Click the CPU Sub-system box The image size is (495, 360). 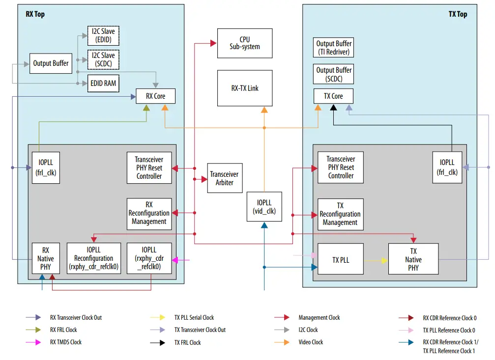coord(244,43)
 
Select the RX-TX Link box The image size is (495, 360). coord(244,88)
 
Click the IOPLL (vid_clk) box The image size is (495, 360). coord(264,206)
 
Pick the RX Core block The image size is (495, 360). coord(155,96)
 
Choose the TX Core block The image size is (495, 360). coord(333,96)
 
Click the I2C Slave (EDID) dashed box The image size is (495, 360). coord(103,35)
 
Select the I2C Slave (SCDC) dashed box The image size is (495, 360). coord(103,59)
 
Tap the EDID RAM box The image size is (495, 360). coord(103,83)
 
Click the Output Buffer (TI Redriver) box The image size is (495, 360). coord(334,48)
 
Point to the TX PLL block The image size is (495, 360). coord(340,260)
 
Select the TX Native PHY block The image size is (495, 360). coord(413,260)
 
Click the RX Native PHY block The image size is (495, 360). coord(45,258)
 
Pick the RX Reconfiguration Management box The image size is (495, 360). coord(149,213)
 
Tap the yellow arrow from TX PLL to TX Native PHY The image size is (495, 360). coord(376,260)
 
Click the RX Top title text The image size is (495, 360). coord(35,14)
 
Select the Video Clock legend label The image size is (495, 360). coord(311,342)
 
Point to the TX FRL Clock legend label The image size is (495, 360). coord(187,342)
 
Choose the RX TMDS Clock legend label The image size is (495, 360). coord(66,342)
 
